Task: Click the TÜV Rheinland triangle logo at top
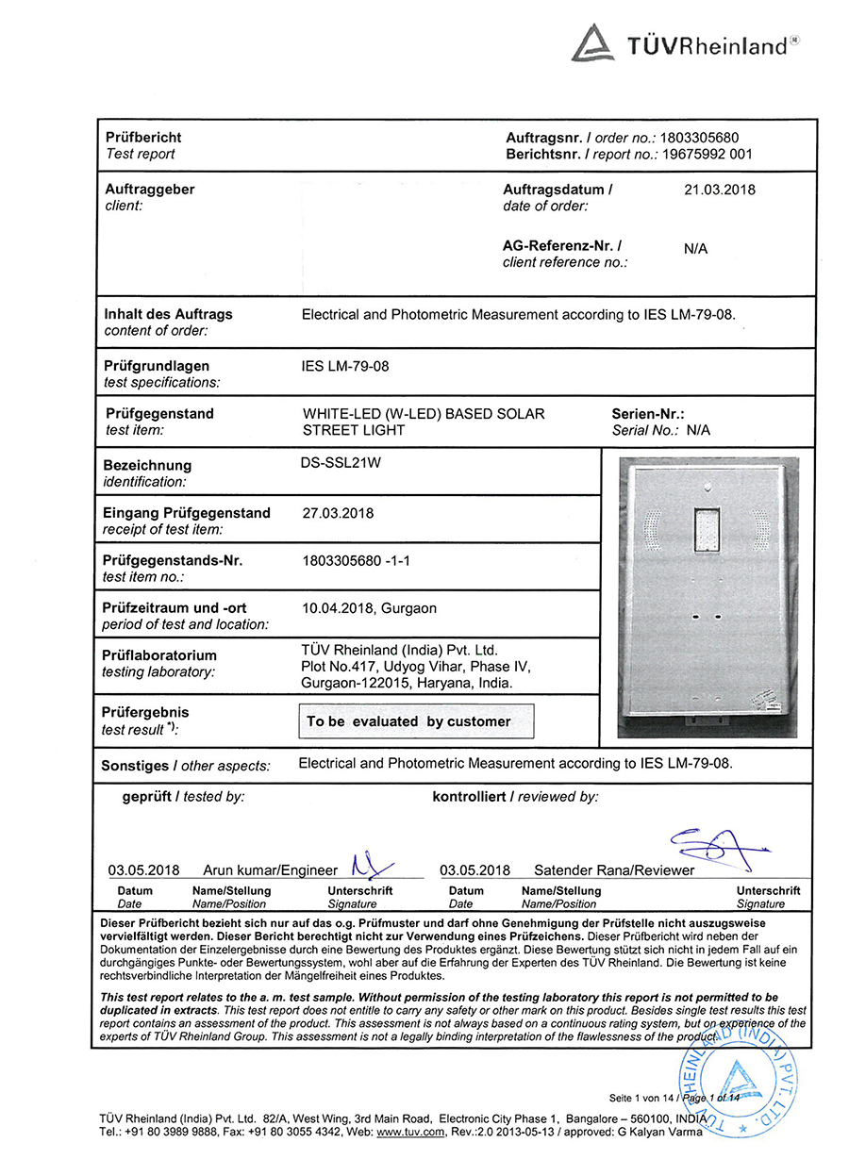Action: tap(593, 43)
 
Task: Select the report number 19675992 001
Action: tap(706, 154)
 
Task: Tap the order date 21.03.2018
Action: tap(719, 190)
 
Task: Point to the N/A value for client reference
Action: tap(695, 250)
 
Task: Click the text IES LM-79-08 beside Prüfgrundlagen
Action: tap(344, 366)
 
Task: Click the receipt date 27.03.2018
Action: tap(338, 513)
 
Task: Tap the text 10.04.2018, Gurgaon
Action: tap(369, 608)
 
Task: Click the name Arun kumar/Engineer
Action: tap(270, 870)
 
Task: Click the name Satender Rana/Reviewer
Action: tap(613, 870)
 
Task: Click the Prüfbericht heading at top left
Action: tap(143, 138)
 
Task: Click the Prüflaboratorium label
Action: tap(158, 655)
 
